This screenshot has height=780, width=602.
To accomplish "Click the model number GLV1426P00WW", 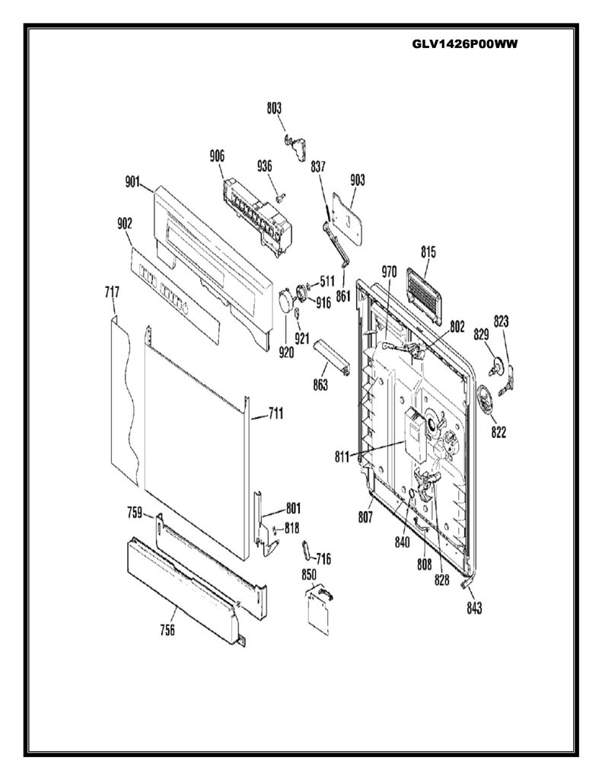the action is (465, 43).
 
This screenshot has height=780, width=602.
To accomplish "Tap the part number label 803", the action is (274, 108).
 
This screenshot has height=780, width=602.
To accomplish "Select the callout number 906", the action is (217, 156).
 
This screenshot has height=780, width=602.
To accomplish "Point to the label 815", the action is (428, 252).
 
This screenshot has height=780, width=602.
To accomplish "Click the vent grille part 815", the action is (424, 296).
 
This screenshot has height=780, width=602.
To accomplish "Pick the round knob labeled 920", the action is (286, 300).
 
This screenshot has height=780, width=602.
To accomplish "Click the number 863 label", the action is (320, 384).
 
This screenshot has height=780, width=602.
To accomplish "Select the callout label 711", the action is (276, 413).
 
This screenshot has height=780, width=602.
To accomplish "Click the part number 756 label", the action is (167, 630).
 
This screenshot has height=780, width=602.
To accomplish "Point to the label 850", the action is (309, 574).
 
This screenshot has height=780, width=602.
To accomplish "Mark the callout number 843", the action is (474, 608).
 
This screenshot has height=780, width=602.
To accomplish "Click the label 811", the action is (342, 457).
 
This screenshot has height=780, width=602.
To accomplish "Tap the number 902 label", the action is (124, 224).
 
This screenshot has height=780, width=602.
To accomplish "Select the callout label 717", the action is (112, 292).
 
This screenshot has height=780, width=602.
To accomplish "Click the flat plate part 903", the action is (347, 219).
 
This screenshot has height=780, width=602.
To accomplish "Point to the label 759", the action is (134, 513).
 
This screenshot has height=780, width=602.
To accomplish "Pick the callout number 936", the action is (264, 165).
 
